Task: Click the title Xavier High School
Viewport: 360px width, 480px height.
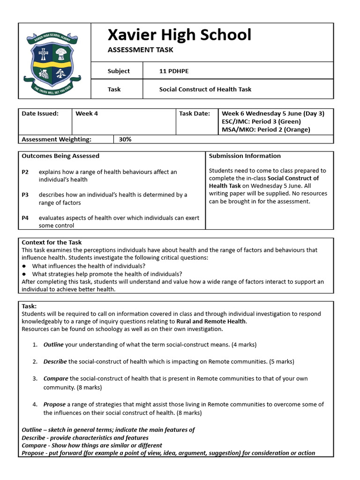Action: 179,35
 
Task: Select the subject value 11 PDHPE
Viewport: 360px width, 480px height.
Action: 174,71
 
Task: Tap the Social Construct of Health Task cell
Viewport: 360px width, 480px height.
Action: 205,89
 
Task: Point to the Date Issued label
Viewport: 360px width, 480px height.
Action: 40,113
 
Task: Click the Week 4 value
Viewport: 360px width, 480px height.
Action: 87,113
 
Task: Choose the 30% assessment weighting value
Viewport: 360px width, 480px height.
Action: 125,139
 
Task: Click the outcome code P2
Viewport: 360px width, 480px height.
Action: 25,172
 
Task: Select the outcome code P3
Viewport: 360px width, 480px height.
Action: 25,195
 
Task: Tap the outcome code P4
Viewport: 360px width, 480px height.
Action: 25,218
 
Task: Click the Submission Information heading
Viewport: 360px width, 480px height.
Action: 245,156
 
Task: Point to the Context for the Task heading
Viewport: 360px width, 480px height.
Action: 52,242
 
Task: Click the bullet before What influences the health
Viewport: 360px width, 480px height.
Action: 24,266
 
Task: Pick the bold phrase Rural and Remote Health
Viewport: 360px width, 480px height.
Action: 211,322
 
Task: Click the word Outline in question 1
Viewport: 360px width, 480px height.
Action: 53,345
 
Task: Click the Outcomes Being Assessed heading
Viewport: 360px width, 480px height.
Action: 60,156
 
